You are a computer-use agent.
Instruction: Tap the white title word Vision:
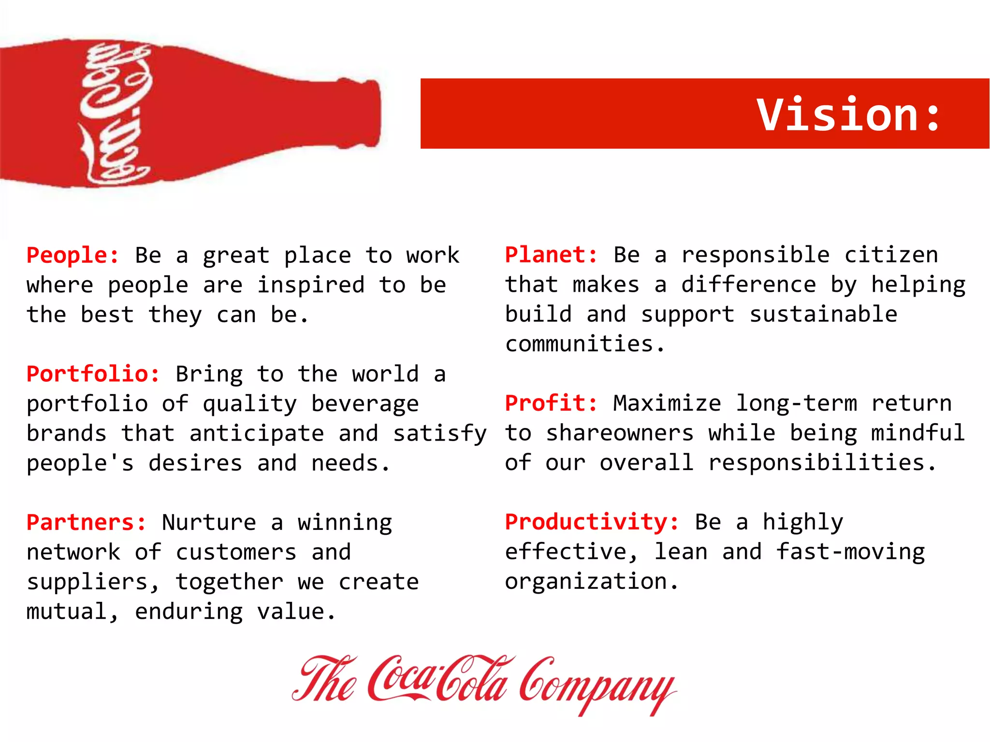849,114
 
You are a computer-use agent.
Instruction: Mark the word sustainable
823,314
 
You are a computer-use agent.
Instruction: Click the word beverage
365,404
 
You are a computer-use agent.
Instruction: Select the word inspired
311,285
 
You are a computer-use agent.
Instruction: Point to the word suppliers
87,582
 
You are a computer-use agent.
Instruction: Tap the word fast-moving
851,552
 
